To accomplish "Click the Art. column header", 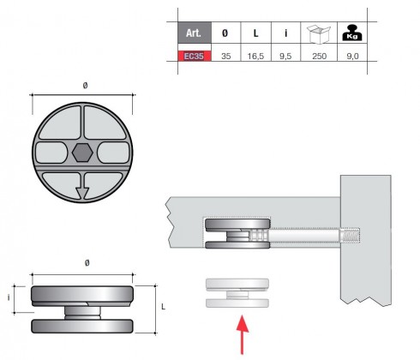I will [x=195, y=33].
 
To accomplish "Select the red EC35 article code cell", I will [x=195, y=55].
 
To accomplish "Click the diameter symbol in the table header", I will [x=225, y=33].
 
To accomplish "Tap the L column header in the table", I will [x=255, y=33].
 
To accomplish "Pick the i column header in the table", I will [x=286, y=33].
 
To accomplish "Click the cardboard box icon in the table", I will [x=319, y=32].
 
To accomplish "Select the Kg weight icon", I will [x=350, y=32].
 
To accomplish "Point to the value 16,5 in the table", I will [x=255, y=55].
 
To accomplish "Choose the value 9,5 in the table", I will [x=286, y=55].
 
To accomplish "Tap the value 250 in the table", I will [x=319, y=55].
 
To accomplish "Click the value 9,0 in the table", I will [x=350, y=55].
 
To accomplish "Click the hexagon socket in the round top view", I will [x=82, y=153].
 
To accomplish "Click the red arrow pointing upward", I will [x=243, y=333].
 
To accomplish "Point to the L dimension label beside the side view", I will [x=163, y=304].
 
